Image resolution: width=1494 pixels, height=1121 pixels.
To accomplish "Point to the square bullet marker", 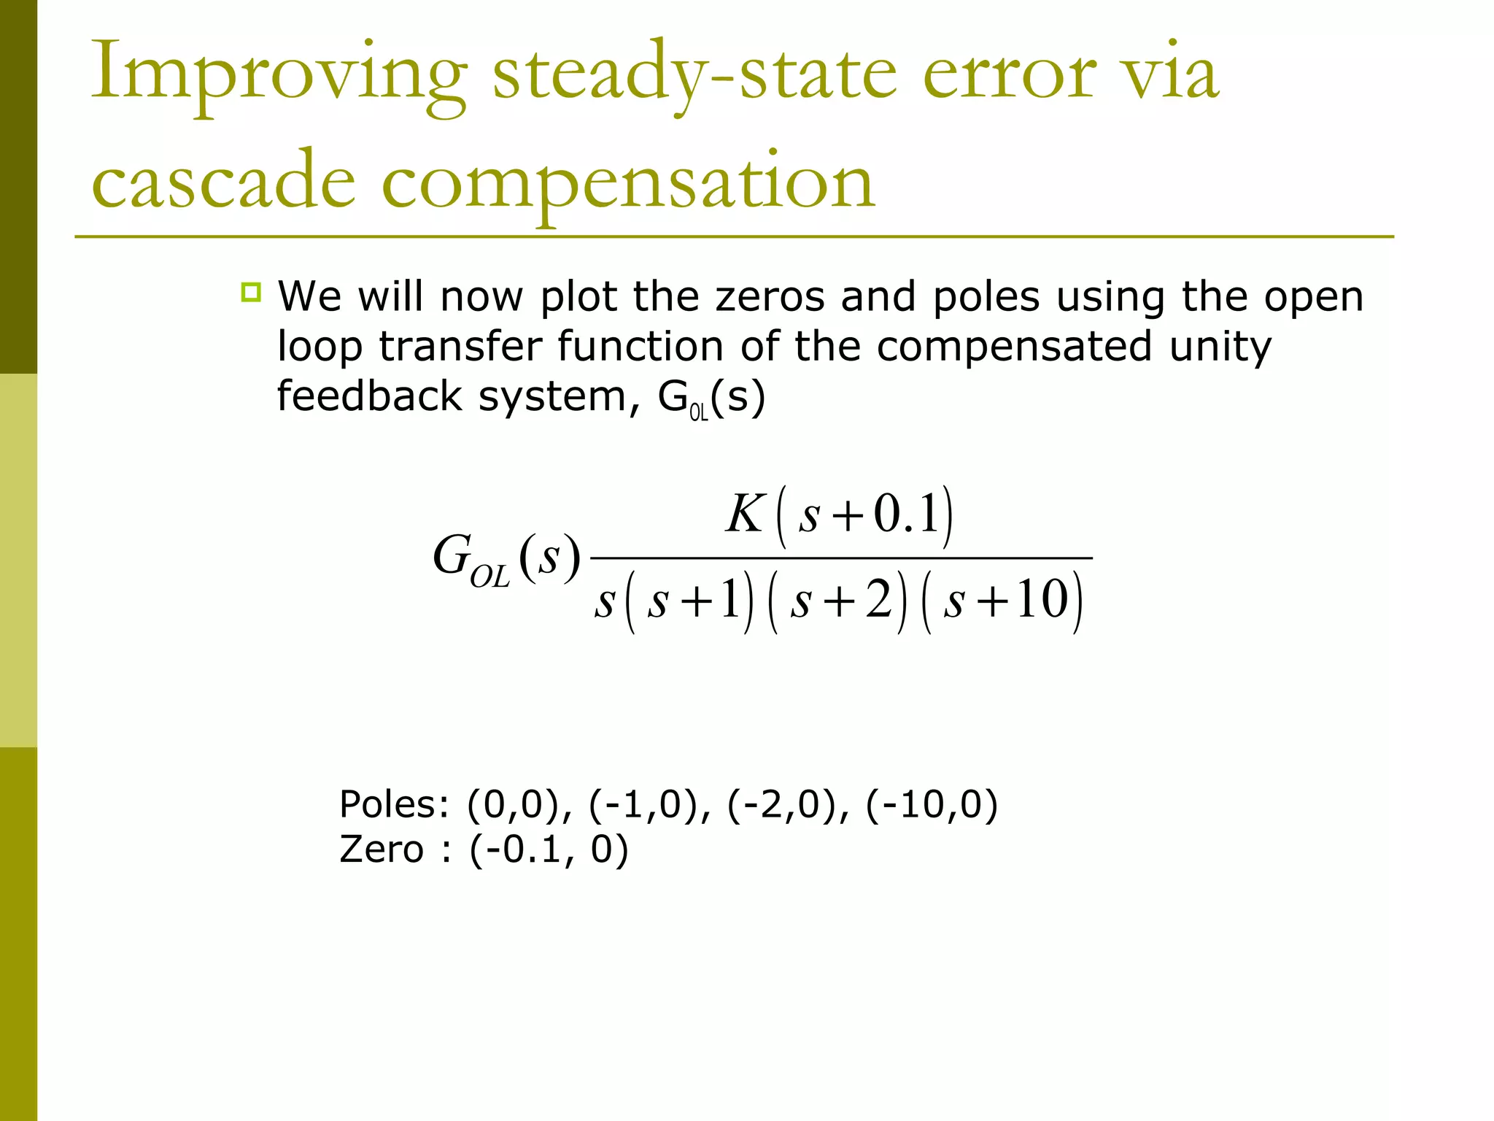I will (x=251, y=293).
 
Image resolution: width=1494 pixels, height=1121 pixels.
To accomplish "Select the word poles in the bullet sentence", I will (x=986, y=297).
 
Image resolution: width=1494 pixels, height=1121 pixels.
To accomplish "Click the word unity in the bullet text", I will (x=1220, y=347).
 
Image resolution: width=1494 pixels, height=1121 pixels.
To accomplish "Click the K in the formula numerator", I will (x=743, y=515).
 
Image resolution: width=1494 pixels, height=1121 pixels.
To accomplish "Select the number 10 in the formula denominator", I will (x=1043, y=601).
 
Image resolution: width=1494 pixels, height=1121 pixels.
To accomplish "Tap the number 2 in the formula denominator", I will (x=878, y=601).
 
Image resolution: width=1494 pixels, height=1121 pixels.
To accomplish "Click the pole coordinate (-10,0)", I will (x=932, y=805).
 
